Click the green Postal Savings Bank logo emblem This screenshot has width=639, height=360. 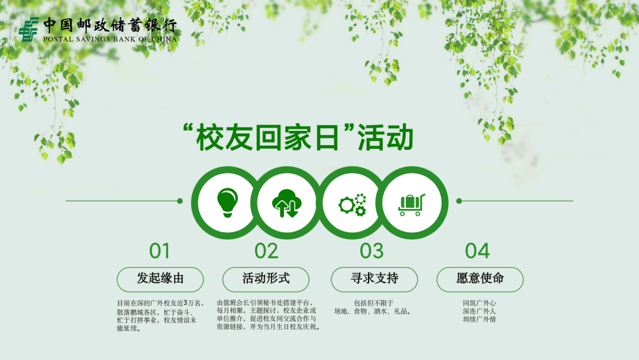pos(28,29)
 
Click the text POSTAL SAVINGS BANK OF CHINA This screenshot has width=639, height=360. pos(109,40)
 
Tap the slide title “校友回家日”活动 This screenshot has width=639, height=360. pos(298,137)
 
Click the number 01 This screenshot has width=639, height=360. pos(160,251)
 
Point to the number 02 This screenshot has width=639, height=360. pos(266,251)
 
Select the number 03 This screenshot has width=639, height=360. pos(372,251)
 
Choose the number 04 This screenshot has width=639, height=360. pos(477,251)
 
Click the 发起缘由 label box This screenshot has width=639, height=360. pos(160,279)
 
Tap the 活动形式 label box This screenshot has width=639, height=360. pos(266,279)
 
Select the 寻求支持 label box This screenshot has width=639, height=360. pos(374,279)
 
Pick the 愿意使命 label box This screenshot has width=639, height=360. pos(480,279)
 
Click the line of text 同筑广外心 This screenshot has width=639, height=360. pos(479,303)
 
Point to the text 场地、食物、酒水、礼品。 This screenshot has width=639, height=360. pos(373,311)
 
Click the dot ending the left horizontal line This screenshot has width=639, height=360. pos(180,201)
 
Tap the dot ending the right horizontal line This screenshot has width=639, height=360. pos(459,201)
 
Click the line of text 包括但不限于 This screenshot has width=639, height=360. pos(373,303)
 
